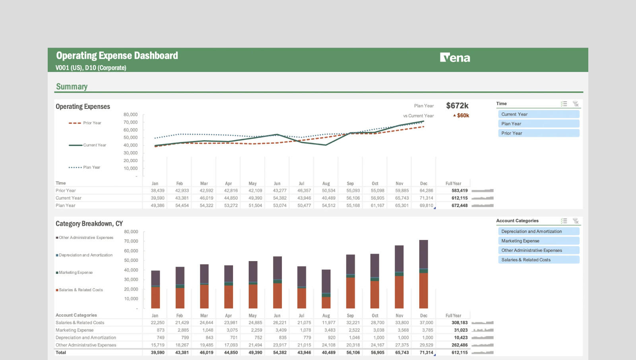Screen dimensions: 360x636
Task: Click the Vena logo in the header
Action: pos(455,58)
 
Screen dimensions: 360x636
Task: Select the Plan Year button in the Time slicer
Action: pos(538,124)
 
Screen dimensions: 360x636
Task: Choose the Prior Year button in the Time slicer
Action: pos(538,133)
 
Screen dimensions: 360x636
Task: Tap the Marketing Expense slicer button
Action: pos(538,241)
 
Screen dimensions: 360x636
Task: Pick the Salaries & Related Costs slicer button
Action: pos(538,260)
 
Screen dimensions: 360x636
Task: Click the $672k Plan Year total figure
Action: pos(457,106)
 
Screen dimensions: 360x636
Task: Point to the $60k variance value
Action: pos(463,116)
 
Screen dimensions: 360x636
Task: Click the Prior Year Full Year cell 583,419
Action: pos(460,191)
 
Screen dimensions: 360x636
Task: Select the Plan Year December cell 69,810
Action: pos(426,205)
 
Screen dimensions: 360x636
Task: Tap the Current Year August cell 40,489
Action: pos(329,198)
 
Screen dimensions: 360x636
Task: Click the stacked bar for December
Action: pos(424,274)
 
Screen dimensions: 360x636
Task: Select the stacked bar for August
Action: pos(326,289)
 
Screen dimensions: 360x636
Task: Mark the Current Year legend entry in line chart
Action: pos(94,145)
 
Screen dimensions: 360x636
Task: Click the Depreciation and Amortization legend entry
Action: pos(85,255)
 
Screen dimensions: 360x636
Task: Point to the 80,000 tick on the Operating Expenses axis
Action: pos(130,114)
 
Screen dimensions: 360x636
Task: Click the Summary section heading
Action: pos(72,87)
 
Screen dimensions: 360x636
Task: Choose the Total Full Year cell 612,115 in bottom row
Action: pos(460,352)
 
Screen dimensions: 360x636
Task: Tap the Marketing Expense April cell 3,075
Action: pos(232,330)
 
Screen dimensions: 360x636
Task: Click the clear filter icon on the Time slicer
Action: pos(576,104)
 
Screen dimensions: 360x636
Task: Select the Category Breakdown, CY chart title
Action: pos(89,224)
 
